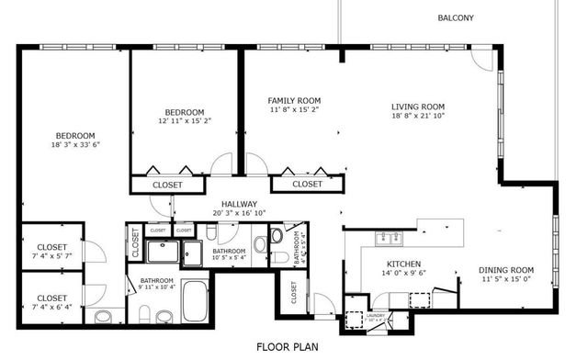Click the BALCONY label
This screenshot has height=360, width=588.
[x=456, y=18]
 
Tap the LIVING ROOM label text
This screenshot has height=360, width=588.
[x=418, y=107]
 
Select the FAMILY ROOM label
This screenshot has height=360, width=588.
[x=294, y=100]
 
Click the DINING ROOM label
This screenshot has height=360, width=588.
[x=506, y=270]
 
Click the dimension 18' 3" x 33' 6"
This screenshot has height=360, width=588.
[x=75, y=144]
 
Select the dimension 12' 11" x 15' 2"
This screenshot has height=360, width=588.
[x=184, y=120]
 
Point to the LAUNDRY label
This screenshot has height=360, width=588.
[x=376, y=316]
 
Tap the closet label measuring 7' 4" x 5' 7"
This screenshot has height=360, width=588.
[x=51, y=256]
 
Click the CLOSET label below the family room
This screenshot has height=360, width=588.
[x=308, y=185]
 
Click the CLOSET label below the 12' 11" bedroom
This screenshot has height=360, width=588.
[x=167, y=185]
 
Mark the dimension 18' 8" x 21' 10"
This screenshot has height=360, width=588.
[x=418, y=116]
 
